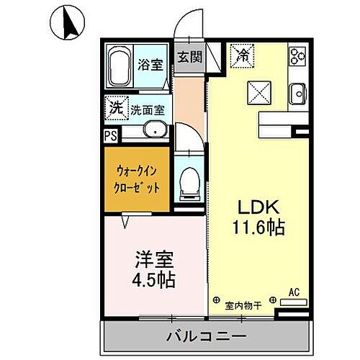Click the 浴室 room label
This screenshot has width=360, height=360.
152,64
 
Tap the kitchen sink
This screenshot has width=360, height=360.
297,91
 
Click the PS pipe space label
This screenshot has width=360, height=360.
110,135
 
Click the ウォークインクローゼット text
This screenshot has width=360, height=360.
138,179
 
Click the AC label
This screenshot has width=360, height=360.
294,292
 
